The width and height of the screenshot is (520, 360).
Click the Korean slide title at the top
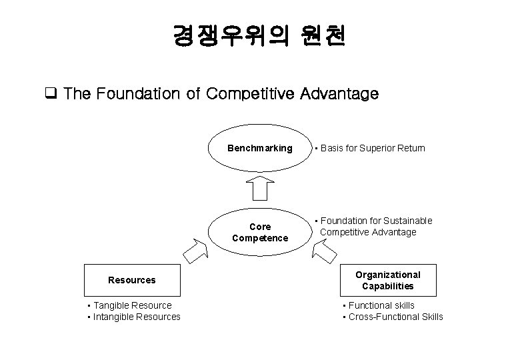[259, 35]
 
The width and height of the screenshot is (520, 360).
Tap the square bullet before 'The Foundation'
[50, 94]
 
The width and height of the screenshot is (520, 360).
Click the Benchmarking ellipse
[260, 148]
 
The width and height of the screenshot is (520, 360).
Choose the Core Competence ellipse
[260, 232]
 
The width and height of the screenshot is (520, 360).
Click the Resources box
[132, 280]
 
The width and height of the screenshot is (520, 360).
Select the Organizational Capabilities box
[387, 280]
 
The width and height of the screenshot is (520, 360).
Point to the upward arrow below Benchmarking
[260, 187]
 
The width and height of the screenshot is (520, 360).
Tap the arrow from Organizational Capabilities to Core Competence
[325, 249]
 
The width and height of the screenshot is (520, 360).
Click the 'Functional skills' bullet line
[381, 305]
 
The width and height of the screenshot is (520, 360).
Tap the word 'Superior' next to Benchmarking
[375, 148]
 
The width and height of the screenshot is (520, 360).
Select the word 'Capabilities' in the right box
[388, 286]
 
